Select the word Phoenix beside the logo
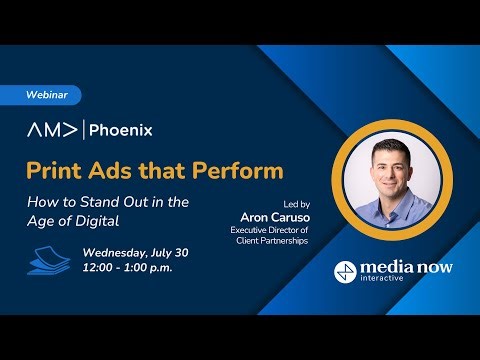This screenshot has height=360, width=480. click(123, 130)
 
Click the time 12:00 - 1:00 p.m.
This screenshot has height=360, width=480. click(126, 269)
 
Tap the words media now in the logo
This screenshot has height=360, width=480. click(406, 268)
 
